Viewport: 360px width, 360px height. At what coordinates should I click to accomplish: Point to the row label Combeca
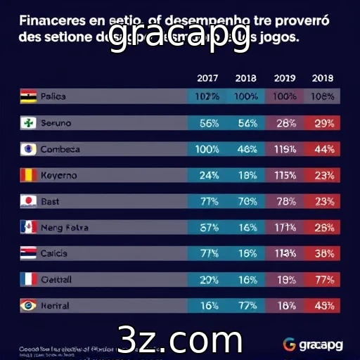[60, 149]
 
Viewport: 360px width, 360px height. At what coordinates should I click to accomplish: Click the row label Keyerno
[58, 175]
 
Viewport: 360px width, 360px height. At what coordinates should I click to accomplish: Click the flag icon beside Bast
[28, 201]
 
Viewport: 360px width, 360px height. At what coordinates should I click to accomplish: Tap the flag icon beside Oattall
[28, 279]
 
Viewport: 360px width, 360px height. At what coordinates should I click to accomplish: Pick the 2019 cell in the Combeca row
[285, 149]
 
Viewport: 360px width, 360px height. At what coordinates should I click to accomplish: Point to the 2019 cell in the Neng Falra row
[285, 227]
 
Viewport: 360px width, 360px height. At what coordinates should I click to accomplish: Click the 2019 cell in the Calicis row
[285, 253]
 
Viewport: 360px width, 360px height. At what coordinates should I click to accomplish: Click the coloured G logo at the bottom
[290, 344]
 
